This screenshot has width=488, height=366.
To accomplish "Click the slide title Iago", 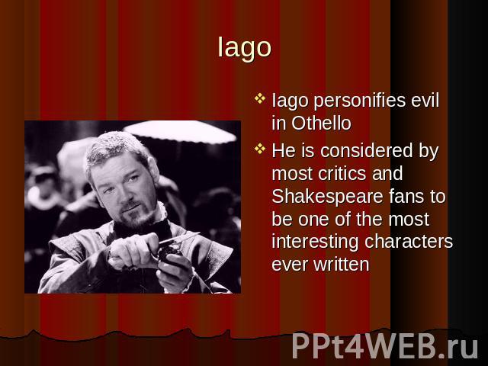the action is [x=244, y=47].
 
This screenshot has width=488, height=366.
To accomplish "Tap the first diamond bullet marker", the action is [x=260, y=98].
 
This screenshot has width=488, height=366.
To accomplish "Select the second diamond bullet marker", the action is [x=260, y=149].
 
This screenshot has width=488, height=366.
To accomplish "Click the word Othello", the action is [x=321, y=124].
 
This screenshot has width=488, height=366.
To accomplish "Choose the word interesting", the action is [x=315, y=242].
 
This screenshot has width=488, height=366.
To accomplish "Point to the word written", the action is [x=342, y=265].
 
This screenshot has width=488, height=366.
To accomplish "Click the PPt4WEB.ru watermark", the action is [x=385, y=346].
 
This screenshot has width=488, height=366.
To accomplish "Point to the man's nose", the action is [x=125, y=194].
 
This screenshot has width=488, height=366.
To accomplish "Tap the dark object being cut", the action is [x=169, y=252].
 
